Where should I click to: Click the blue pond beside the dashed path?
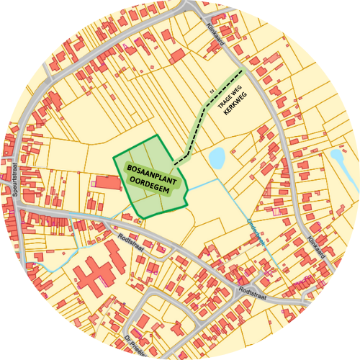click(216, 158)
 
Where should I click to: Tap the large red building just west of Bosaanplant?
click(106, 181)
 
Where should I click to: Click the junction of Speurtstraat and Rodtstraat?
click(16, 206)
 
